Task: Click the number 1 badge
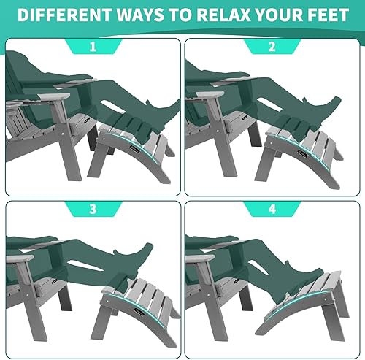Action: [x=92, y=47]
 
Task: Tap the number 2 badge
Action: [x=272, y=47]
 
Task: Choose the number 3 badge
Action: [x=92, y=209]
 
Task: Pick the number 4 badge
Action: [x=272, y=209]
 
